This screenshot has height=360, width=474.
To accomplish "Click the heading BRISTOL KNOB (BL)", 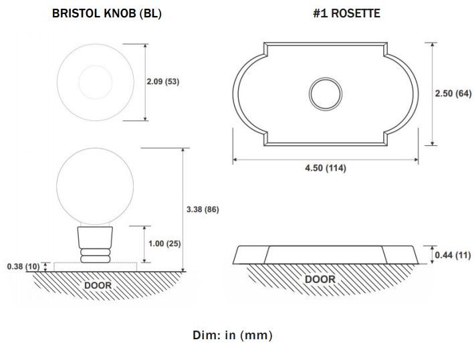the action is [x=107, y=13].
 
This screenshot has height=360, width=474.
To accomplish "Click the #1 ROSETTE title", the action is [x=347, y=13].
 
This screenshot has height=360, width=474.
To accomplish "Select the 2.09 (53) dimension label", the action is [x=163, y=82].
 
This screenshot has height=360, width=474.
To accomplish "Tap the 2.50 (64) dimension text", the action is [x=453, y=94].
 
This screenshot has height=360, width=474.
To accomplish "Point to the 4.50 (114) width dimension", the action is [x=326, y=168].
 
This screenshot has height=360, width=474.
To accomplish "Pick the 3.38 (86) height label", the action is [x=203, y=209].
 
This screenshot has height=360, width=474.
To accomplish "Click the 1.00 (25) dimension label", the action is [x=164, y=244].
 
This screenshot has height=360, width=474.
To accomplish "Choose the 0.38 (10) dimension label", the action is [x=23, y=266].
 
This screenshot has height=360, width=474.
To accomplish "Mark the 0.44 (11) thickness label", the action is [x=453, y=256].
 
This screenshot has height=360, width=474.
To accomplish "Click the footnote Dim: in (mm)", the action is [x=233, y=335].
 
